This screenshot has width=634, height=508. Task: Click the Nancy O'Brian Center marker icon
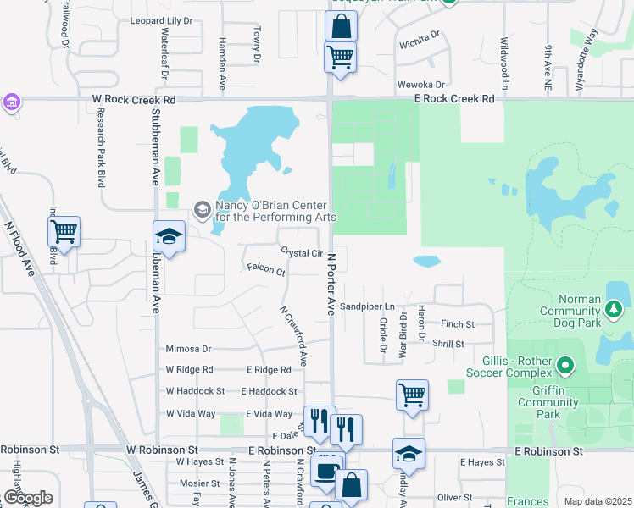coord(202,208)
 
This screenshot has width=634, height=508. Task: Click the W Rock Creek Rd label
coord(134,99)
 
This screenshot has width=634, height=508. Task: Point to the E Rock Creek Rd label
coord(454,99)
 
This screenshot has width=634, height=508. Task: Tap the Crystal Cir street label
coord(302,253)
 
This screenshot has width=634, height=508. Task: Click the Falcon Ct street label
coord(266,271)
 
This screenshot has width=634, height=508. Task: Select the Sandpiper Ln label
coord(368,306)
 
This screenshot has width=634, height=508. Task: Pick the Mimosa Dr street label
coord(188,348)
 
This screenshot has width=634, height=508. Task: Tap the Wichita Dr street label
coord(420,37)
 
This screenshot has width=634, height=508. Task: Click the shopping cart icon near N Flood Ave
coord(64,230)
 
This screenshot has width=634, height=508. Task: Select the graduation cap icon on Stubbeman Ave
coord(169,236)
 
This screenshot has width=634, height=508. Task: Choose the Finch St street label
coord(457,324)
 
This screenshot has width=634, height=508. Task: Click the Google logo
coord(28,498)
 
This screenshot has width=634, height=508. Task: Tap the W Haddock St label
coord(195,391)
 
